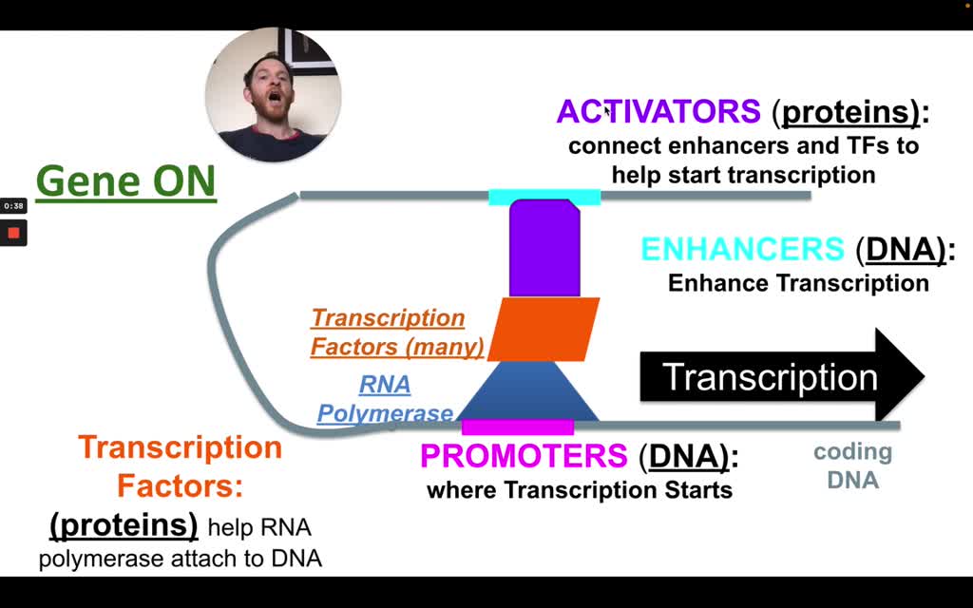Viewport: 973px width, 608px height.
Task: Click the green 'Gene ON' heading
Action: pos(125,180)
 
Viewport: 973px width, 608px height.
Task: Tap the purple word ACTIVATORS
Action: pos(658,112)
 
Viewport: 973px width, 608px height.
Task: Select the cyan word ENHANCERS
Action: pos(742,249)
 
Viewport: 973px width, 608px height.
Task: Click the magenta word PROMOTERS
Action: pos(524,456)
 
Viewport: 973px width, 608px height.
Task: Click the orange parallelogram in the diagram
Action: pos(544,329)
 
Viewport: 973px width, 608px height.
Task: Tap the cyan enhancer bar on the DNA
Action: pos(544,198)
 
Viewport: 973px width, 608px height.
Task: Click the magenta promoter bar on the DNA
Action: pos(518,427)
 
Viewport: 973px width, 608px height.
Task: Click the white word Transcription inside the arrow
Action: pos(770,377)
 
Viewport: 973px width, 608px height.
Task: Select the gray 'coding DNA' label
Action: pos(852,465)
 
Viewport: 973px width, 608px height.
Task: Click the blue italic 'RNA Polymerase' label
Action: pos(385,399)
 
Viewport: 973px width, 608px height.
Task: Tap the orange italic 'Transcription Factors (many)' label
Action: pos(396,332)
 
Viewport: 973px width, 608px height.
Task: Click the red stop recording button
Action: pos(13,233)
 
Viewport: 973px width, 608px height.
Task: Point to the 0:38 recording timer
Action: pos(13,205)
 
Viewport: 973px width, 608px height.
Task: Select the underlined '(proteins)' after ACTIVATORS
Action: pos(850,112)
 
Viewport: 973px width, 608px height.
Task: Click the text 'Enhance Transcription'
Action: pos(797,283)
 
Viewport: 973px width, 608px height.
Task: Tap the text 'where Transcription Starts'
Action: pos(580,490)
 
